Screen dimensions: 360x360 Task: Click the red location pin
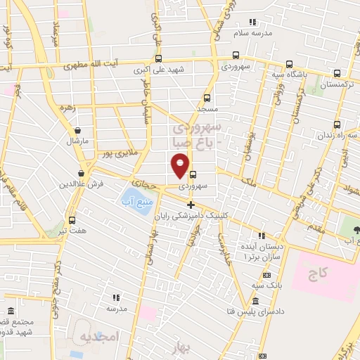click(180, 167)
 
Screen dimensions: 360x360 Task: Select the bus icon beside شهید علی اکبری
click(158, 59)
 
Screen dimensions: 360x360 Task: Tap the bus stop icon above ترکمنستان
click(337, 73)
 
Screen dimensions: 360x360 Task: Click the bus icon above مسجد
click(207, 98)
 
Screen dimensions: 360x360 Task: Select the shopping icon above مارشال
click(77, 130)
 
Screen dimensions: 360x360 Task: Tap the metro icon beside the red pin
click(192, 176)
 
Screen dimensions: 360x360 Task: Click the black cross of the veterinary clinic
click(190, 204)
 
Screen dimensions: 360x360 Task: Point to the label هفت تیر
click(73, 230)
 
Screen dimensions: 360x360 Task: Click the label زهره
click(69, 109)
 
